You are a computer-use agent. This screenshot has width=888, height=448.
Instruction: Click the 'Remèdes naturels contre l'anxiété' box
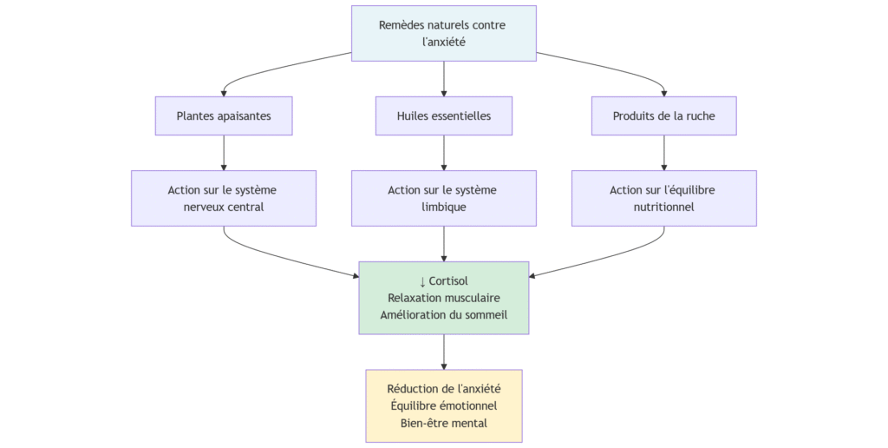tap(443, 33)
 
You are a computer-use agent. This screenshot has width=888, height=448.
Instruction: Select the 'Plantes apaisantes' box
tap(224, 115)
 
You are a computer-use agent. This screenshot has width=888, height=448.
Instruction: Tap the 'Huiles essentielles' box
tap(443, 115)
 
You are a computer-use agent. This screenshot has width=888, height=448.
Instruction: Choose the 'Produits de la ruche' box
tap(663, 115)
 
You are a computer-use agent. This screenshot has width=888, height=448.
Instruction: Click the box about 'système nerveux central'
tap(224, 198)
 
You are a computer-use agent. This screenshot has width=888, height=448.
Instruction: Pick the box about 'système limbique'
tap(443, 198)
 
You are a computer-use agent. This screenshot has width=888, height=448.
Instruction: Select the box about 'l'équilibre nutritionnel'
tap(663, 198)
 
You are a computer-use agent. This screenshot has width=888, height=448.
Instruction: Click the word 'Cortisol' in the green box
tap(448, 281)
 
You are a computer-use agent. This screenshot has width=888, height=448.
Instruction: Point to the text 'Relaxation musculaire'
tap(443, 298)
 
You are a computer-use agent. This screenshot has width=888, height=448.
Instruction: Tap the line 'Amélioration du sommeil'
tap(443, 314)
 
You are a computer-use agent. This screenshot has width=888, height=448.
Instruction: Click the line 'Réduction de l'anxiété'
tap(443, 389)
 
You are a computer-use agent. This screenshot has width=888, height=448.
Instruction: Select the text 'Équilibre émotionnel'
tap(443, 405)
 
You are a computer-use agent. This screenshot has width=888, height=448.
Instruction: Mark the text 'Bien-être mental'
tap(443, 423)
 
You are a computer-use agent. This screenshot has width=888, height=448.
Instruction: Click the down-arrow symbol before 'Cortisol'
tap(422, 281)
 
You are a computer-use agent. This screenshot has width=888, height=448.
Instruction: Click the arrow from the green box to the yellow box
tap(444, 352)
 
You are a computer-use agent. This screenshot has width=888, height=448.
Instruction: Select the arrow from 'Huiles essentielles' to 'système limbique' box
tap(444, 152)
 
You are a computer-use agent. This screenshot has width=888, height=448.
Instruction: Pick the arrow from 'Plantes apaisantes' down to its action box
tap(224, 152)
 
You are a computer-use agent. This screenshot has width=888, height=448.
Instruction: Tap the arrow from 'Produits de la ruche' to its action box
tap(664, 152)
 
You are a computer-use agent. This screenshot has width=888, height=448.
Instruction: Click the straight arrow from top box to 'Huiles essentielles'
tap(444, 78)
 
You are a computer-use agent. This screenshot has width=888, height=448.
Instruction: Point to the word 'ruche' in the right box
tap(699, 115)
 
